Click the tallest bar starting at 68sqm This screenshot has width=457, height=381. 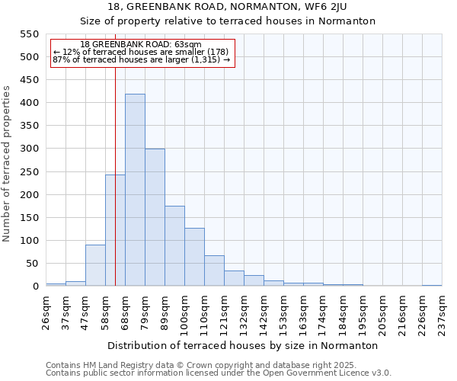tap(135, 190)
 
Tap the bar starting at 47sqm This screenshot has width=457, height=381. tap(95, 265)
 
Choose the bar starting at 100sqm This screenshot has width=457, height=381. tap(194, 257)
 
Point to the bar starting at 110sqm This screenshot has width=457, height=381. tap(214, 271)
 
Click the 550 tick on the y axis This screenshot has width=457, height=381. tap(29, 34)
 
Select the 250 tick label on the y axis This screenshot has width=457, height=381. tap(29, 172)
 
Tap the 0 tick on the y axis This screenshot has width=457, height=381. tap(35, 287)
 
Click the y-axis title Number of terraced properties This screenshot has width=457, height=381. tap(7, 164)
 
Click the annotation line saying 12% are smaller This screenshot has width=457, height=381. tap(141, 52)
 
